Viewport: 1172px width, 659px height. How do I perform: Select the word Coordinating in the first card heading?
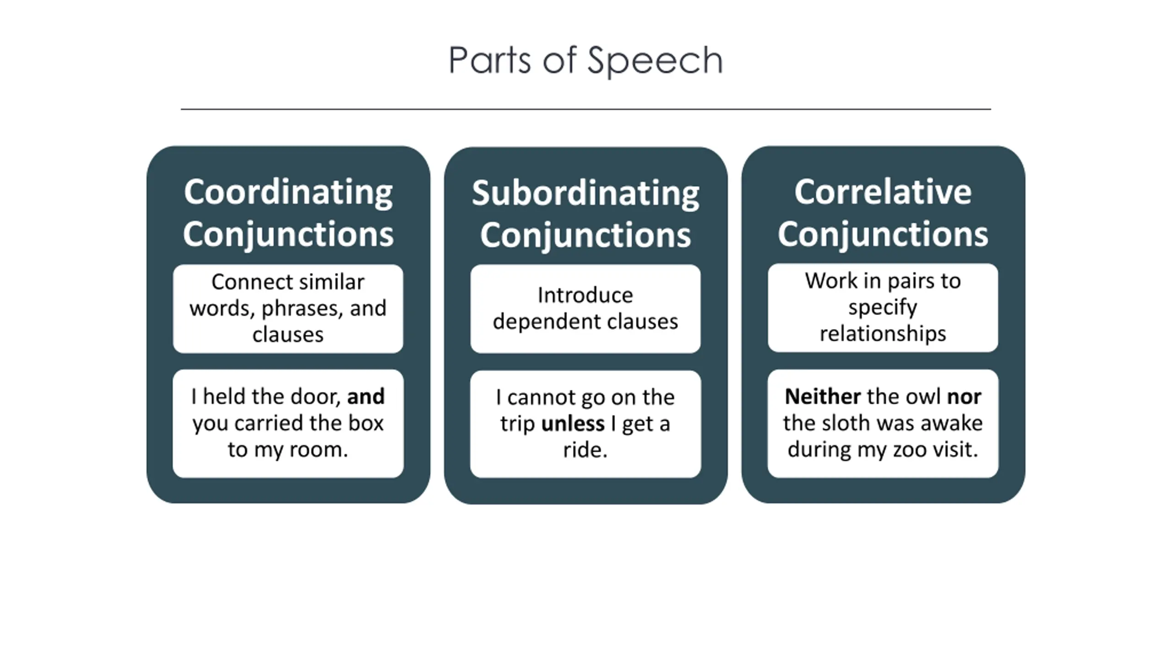[288, 192]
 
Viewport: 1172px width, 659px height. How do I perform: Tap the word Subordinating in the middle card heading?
[586, 194]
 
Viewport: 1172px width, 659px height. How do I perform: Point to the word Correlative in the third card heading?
[883, 192]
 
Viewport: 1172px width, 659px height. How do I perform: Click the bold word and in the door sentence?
[366, 396]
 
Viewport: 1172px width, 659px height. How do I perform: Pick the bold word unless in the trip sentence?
[573, 424]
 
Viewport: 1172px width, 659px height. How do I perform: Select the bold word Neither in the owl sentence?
[823, 396]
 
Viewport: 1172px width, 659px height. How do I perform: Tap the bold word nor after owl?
[964, 396]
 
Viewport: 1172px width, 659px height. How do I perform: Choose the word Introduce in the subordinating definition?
[585, 295]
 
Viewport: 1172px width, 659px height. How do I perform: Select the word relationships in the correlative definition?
[883, 334]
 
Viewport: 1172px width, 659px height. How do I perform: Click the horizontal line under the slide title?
[586, 109]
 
